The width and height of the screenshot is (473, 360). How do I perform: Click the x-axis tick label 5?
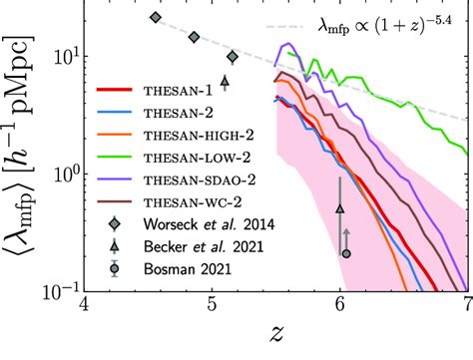pos(213,304)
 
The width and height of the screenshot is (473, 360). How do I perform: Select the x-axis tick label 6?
pos(340,304)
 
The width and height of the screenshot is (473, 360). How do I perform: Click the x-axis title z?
pos(275,337)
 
